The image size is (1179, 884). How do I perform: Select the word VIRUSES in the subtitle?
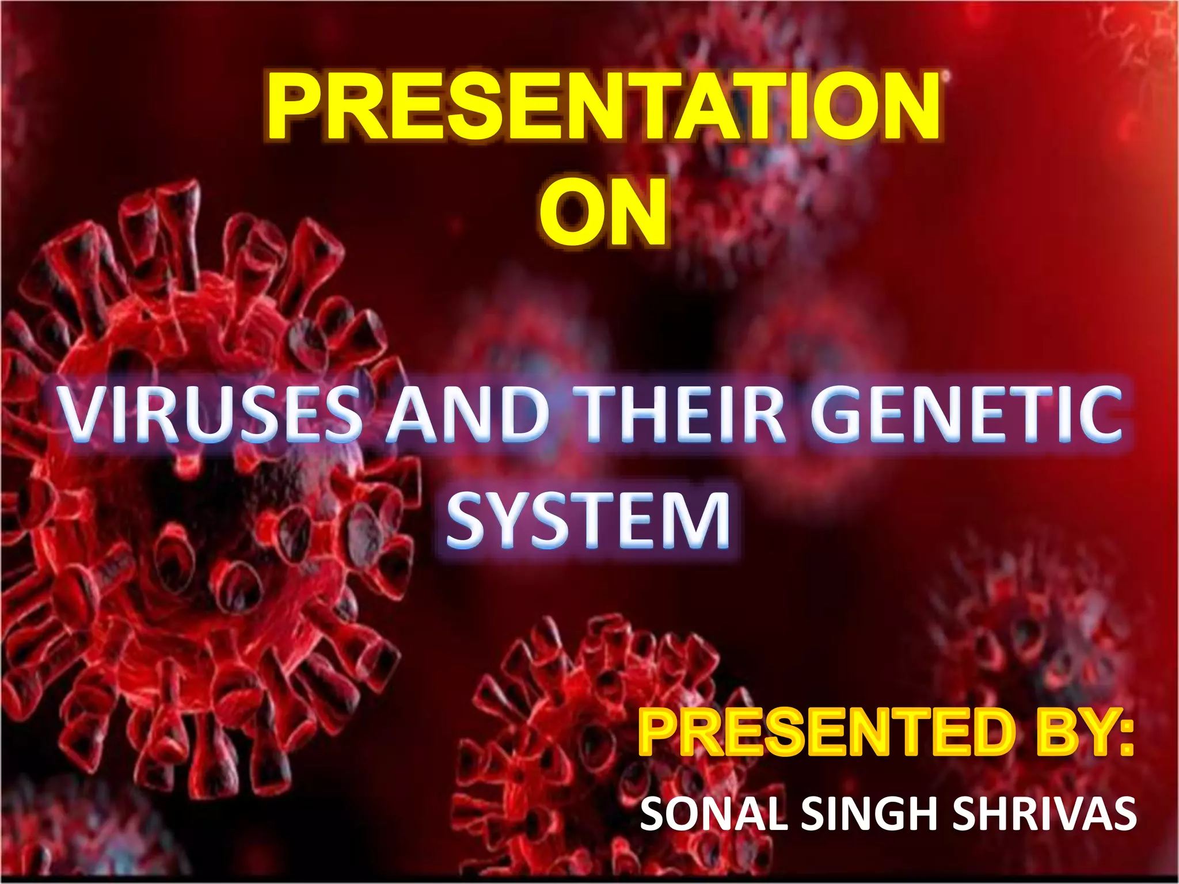[x=212, y=412]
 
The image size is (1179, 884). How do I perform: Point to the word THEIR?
[x=683, y=412]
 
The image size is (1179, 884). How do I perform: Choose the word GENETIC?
[x=967, y=412]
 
